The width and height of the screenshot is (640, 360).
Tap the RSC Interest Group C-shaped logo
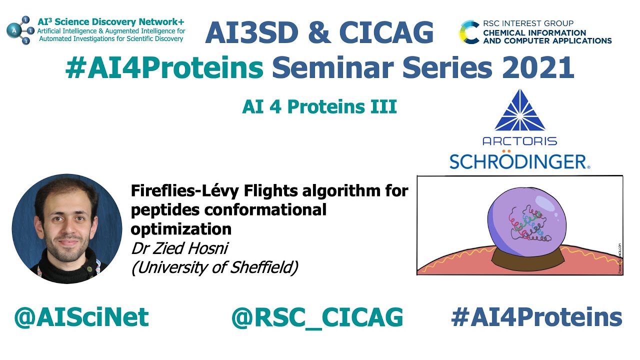[x=470, y=32]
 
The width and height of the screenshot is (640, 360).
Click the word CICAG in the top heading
[x=386, y=32]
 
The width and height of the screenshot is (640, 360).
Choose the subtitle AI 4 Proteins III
[x=319, y=107]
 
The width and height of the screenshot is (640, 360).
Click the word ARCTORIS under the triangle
[x=519, y=140]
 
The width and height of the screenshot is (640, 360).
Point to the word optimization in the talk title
[x=181, y=228]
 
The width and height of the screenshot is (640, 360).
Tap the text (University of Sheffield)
[x=214, y=267]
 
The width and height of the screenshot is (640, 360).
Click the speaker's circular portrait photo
[x=66, y=229]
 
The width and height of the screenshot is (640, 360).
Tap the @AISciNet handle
[x=81, y=317]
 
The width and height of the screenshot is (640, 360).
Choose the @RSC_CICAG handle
[x=317, y=317]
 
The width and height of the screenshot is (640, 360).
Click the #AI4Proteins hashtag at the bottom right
[x=536, y=317]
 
